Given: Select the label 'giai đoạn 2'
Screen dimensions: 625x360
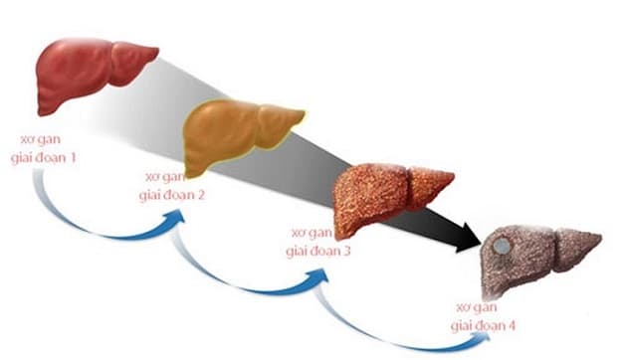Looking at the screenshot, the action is click(171, 194).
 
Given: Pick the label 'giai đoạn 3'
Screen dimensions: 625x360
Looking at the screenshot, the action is click(319, 250).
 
